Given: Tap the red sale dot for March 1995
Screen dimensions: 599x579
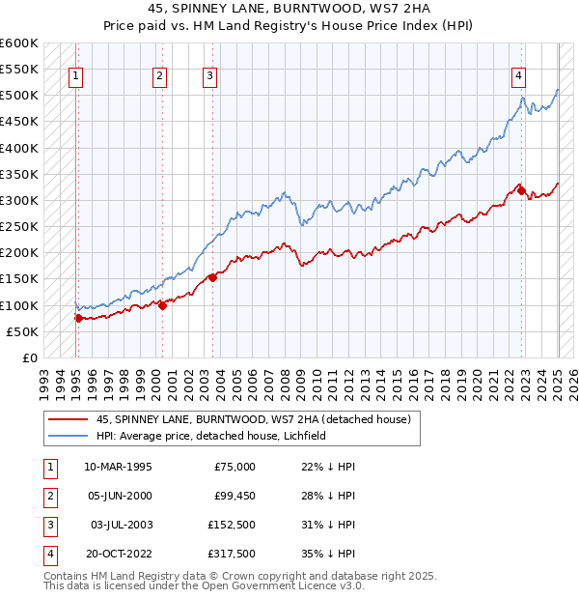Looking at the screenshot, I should (77, 317).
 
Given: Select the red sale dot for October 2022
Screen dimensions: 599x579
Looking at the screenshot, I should (522, 190).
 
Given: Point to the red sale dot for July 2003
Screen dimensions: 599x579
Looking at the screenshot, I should (211, 277).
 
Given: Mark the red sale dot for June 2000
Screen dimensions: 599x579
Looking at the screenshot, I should (162, 305).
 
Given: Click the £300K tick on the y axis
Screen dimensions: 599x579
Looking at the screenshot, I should (19, 200).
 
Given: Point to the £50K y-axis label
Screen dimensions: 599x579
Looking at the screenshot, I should (23, 331).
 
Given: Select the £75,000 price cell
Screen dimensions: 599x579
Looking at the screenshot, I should (234, 467).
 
